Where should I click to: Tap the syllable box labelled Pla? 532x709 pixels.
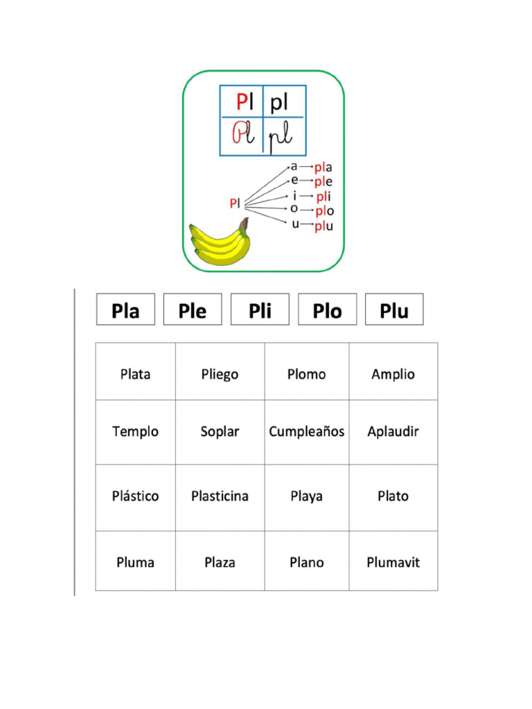coord(126,309)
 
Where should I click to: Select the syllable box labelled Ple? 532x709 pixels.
coord(193,309)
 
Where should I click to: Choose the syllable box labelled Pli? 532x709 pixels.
coord(260,309)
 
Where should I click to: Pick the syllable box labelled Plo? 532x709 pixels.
coord(328,309)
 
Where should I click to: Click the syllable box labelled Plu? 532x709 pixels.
coord(394,309)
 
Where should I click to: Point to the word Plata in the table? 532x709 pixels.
coord(135,375)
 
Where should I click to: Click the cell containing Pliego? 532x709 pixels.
coord(220,371)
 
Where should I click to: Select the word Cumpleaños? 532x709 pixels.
coord(307,432)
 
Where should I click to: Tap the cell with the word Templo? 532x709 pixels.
coord(135,432)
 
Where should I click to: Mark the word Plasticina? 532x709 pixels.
coord(220,496)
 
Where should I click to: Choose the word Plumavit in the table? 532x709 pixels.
coord(393,562)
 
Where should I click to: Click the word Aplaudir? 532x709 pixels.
coord(393,432)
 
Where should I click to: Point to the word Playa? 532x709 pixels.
coord(307,496)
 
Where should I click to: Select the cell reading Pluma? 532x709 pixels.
coord(135,561)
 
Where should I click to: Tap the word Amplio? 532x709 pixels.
coord(393,375)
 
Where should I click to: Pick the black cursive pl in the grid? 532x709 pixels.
coord(280,136)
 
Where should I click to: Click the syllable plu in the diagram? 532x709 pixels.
coord(324,226)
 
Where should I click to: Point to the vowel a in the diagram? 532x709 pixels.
coord(294,166)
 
